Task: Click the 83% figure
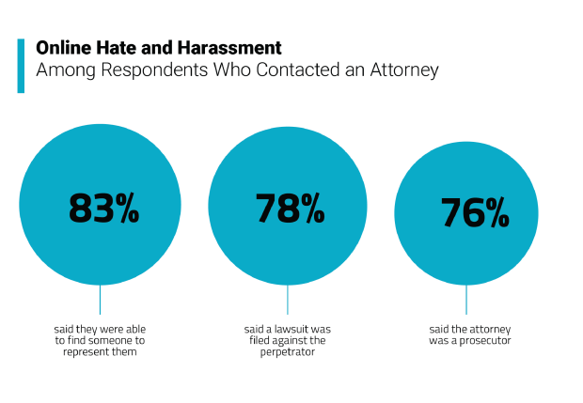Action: (103, 208)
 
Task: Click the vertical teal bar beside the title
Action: (21, 65)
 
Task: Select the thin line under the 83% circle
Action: (100, 300)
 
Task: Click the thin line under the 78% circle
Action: (288, 300)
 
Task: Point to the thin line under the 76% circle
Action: (466, 300)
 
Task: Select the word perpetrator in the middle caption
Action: (287, 353)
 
